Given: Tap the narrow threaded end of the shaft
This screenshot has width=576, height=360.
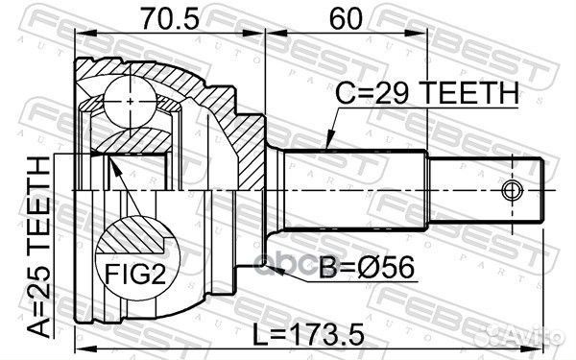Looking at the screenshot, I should coord(485,187).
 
